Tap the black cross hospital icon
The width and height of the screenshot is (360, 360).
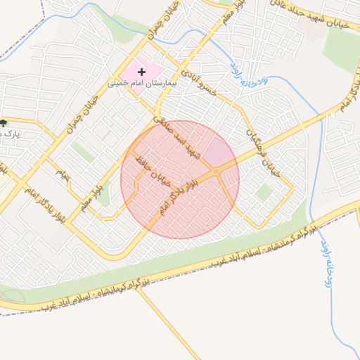pos(142,72)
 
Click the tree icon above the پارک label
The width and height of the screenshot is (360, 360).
pos(4,123)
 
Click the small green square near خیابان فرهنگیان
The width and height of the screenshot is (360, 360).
pos(264,192)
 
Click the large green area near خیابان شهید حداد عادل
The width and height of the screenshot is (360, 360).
pos(343,46)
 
